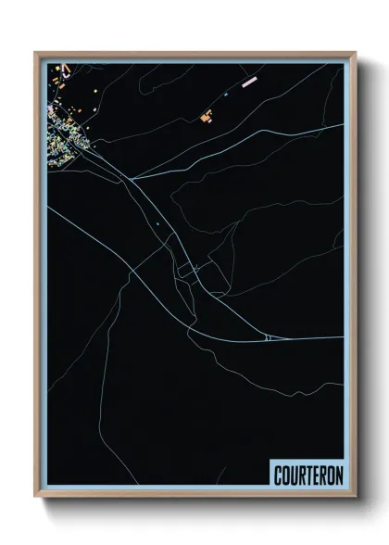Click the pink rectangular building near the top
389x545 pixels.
tap(248, 82)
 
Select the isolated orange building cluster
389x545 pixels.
tap(207, 116)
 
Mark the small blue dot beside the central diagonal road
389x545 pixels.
tap(157, 223)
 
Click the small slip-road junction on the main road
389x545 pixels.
tap(267, 338)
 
